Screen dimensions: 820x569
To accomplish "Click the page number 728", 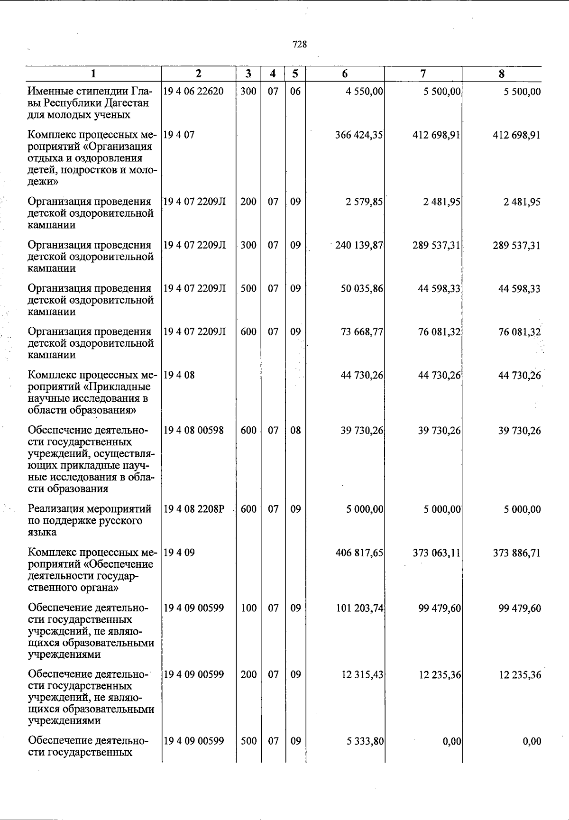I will coord(300,45).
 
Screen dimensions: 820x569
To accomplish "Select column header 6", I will coord(345,74).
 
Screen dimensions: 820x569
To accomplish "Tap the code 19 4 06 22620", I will coord(193,91).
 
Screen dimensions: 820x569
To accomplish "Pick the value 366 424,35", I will coord(359,135).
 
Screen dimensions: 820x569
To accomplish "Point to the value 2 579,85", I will coord(364,202).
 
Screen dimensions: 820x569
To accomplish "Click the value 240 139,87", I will coord(359,246).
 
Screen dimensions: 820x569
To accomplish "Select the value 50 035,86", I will coord(361,289).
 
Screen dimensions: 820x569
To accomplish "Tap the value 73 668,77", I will coord(361,332).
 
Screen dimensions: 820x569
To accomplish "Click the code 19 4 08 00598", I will coord(193,430).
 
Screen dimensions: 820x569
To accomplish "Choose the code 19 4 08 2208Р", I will coord(193,509).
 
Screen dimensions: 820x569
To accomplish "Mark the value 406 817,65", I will coord(359,553).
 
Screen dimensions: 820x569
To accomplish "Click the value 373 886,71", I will coord(517,553).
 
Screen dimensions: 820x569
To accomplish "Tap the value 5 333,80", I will coord(364,741).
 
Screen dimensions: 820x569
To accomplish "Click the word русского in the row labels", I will coord(121,521).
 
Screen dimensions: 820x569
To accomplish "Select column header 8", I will coord(502,74).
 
